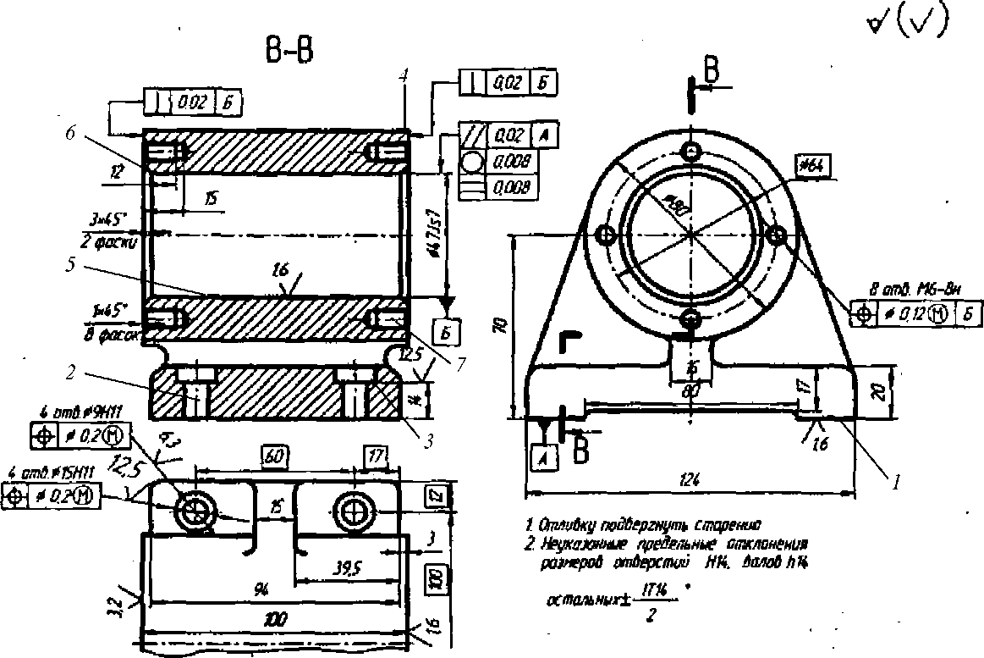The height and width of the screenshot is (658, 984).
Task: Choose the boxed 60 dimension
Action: click(x=274, y=456)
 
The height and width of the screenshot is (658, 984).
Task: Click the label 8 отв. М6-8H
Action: click(x=918, y=290)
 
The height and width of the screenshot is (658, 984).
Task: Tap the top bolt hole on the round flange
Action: click(x=692, y=151)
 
